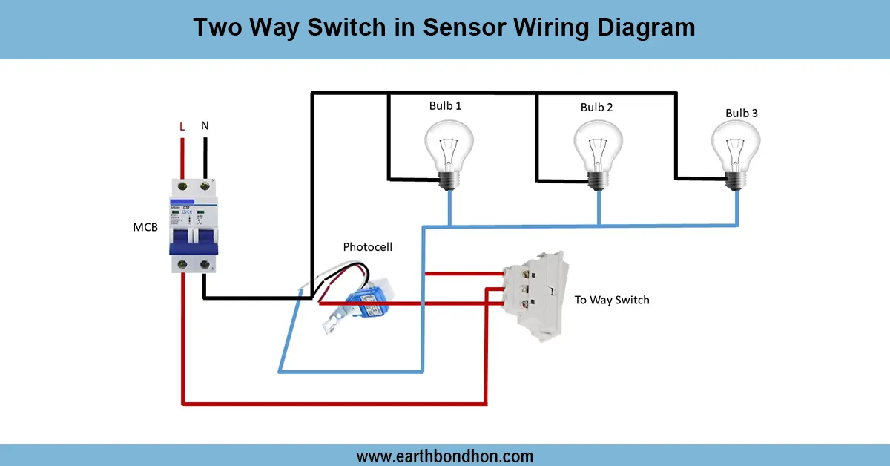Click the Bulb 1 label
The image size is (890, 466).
(x=445, y=106)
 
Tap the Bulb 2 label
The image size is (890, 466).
(x=596, y=108)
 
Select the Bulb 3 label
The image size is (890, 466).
(x=742, y=114)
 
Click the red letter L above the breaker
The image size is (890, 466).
(x=182, y=127)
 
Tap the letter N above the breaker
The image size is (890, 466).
(x=205, y=126)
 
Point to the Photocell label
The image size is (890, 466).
(x=367, y=246)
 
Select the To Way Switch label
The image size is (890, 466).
(x=612, y=301)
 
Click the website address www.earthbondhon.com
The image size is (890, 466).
(x=445, y=456)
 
